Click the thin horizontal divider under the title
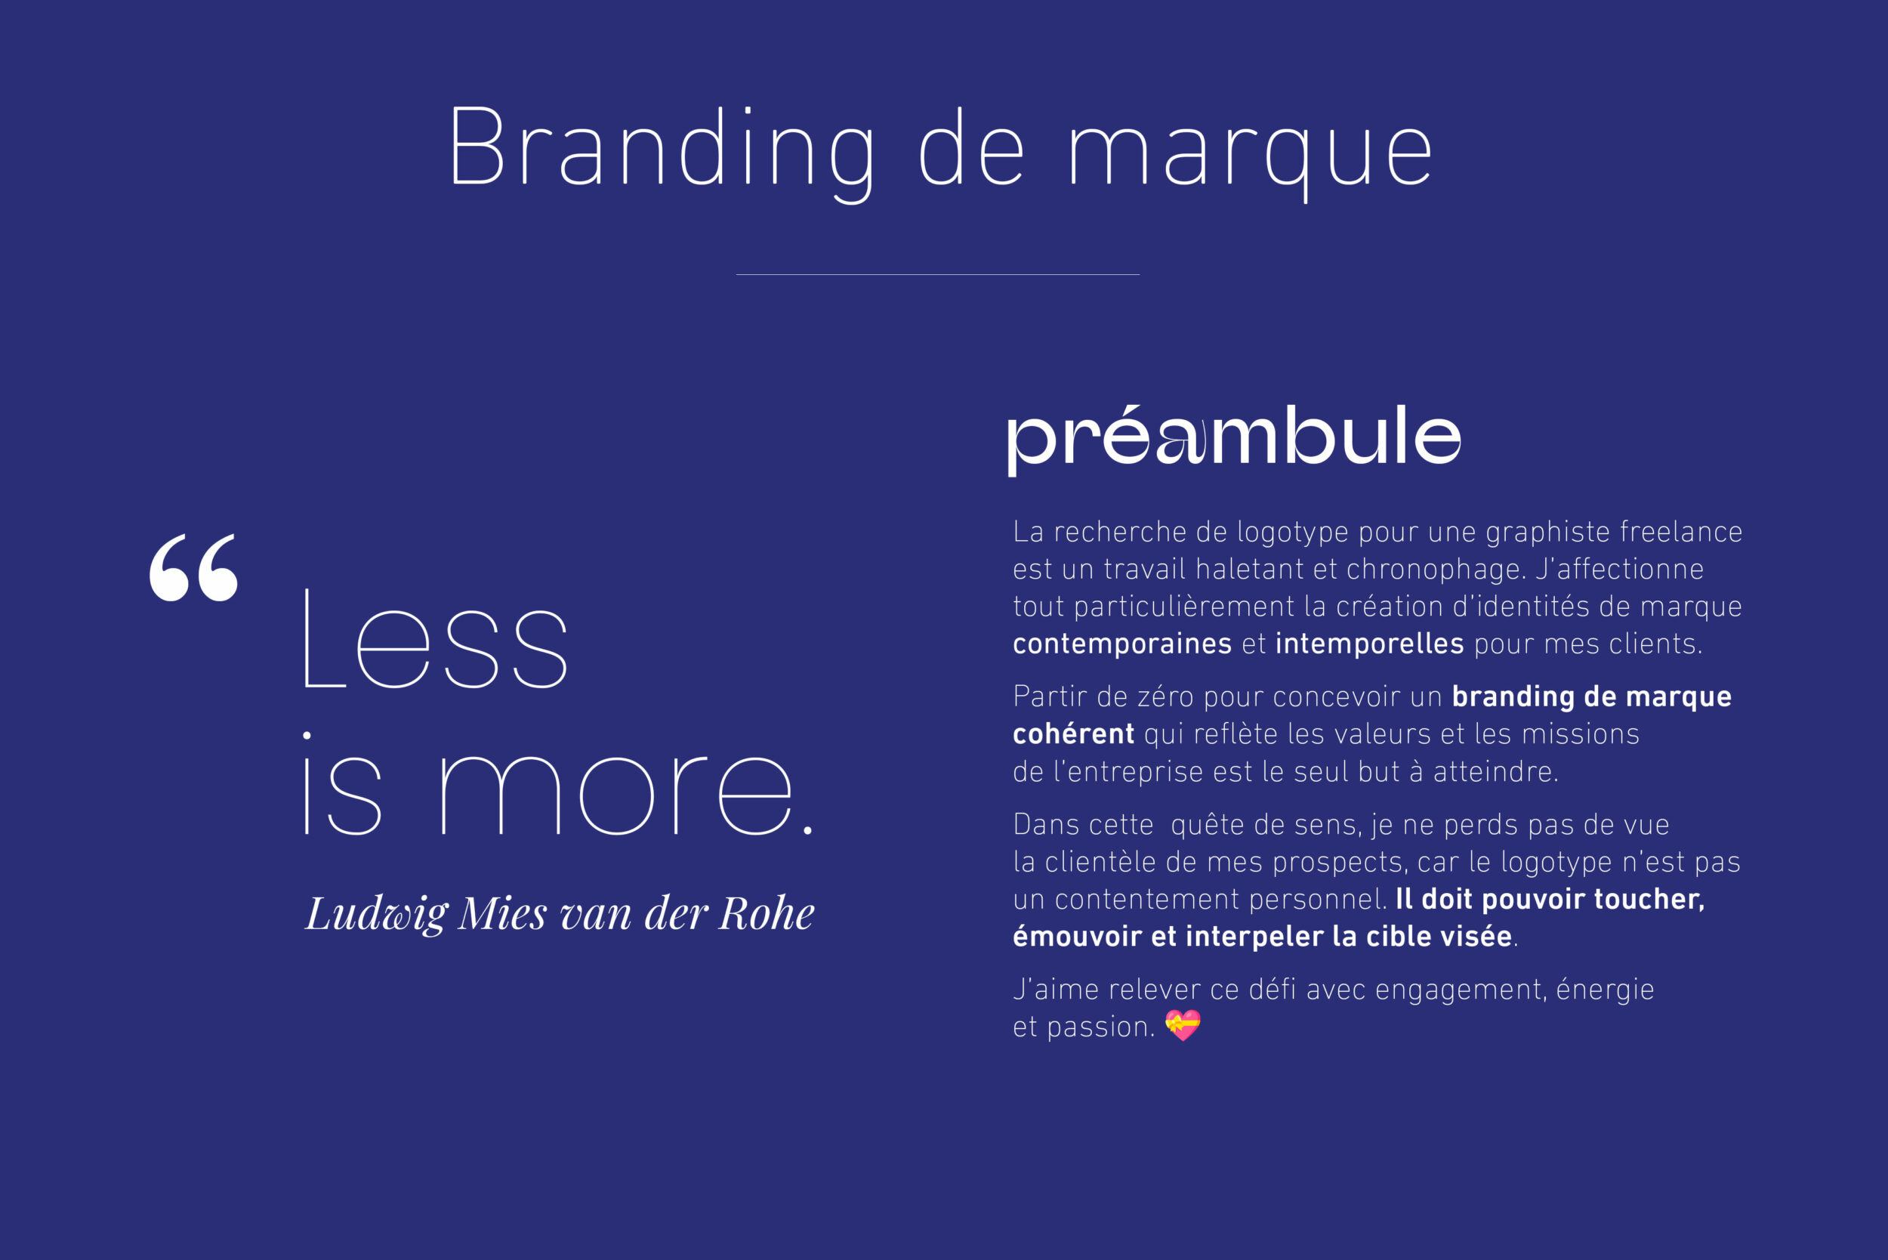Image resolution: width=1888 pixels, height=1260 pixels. point(937,275)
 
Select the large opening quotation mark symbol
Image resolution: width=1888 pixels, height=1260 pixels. point(193,567)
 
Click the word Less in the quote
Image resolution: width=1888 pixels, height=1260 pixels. point(437,639)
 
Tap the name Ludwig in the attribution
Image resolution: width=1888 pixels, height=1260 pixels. point(377,914)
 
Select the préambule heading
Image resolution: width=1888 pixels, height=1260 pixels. point(1234,439)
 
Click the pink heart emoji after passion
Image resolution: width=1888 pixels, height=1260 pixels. point(1183,1025)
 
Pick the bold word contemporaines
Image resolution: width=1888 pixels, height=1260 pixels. point(1121,644)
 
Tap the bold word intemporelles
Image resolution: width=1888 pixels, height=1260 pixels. point(1369,644)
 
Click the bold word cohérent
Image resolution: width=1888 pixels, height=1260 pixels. point(1073,733)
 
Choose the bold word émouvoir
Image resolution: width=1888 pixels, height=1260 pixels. point(1077,936)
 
